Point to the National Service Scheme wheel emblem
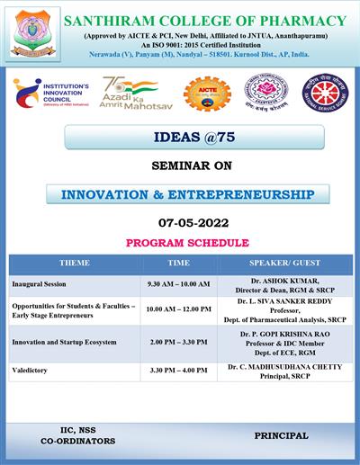coord(319,94)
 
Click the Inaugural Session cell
coord(40,283)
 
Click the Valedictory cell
coord(31,370)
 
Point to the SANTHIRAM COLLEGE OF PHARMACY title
coord(211,21)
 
